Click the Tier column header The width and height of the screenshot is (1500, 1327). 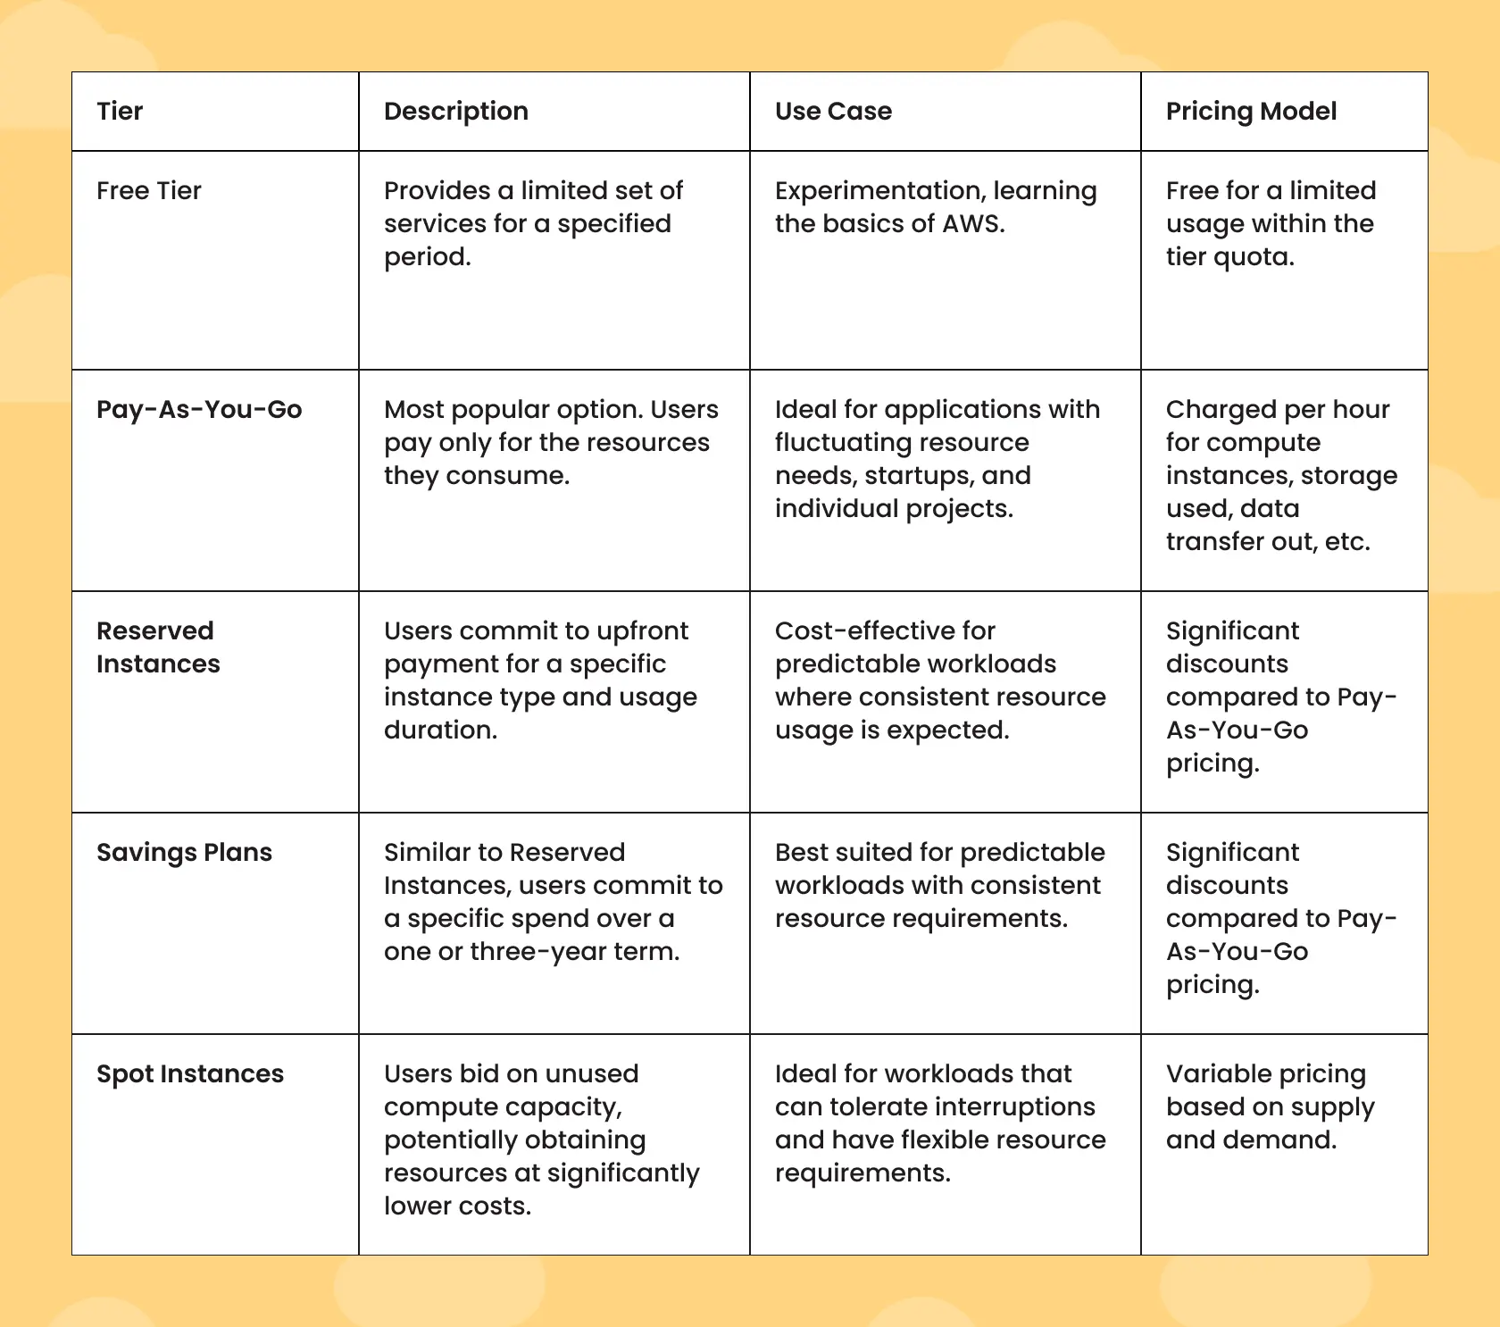tap(120, 112)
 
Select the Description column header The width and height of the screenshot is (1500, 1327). tap(455, 112)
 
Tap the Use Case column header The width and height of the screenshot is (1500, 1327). tap(833, 112)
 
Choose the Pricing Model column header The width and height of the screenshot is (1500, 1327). tap(1251, 112)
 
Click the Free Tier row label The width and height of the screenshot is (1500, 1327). tap(149, 191)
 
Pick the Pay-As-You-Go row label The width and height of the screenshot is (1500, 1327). tap(199, 410)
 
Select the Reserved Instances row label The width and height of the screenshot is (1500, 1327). tap(157, 647)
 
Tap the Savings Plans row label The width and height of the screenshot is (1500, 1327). tap(184, 853)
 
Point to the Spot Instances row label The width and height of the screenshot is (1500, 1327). tap(190, 1074)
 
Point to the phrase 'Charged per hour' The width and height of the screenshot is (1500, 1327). tap(1277, 410)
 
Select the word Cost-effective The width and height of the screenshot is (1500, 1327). tap(884, 631)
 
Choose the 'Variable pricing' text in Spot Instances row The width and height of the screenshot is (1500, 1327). tap(1265, 1074)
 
